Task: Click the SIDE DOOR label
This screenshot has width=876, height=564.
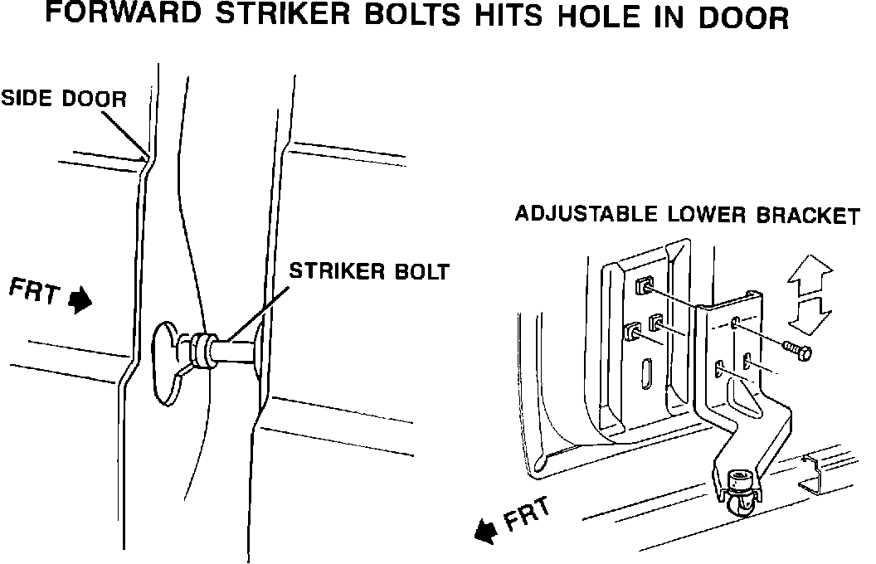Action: [x=63, y=99]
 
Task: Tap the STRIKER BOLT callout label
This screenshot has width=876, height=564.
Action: [x=368, y=271]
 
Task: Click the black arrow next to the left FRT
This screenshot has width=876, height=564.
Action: [x=80, y=299]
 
